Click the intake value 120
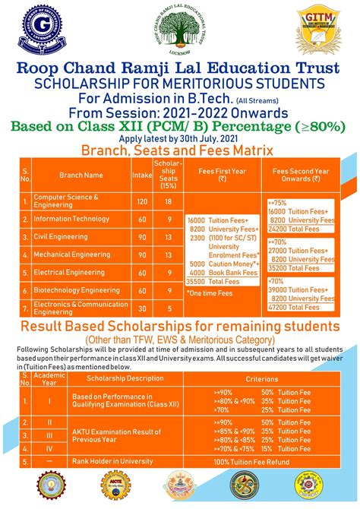[141, 201]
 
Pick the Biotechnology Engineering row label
[77, 290]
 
